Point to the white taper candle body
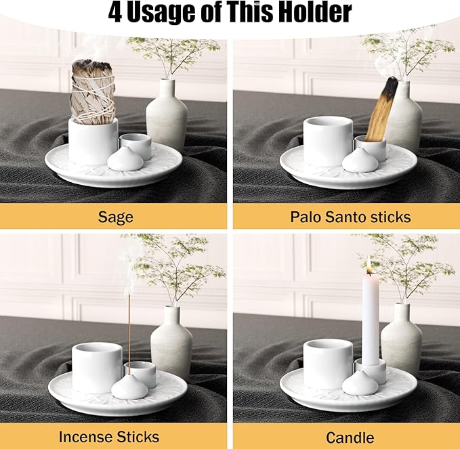coord(370,318)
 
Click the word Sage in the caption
coord(115,217)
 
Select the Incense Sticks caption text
coord(109,437)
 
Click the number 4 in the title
coord(116,12)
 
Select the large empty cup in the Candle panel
coord(329,364)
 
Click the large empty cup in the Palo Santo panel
coord(328,140)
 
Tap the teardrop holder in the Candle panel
coord(360,383)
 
